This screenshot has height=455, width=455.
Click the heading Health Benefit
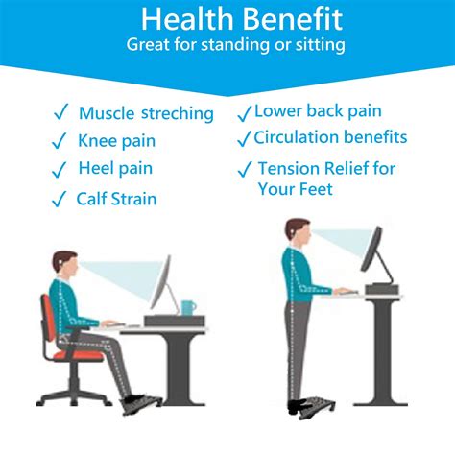pyautogui.click(x=227, y=19)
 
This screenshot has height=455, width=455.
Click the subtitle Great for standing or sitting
pyautogui.click(x=227, y=44)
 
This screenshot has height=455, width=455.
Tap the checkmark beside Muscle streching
pyautogui.click(x=60, y=113)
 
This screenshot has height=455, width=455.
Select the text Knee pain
pyautogui.click(x=116, y=141)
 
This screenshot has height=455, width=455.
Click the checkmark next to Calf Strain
pyautogui.click(x=60, y=199)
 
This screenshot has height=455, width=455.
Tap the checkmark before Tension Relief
pyautogui.click(x=245, y=171)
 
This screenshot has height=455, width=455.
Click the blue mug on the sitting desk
pyautogui.click(x=187, y=308)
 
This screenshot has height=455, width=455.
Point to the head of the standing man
pyautogui.click(x=298, y=233)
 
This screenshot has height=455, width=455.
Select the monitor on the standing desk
pyautogui.click(x=372, y=253)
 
